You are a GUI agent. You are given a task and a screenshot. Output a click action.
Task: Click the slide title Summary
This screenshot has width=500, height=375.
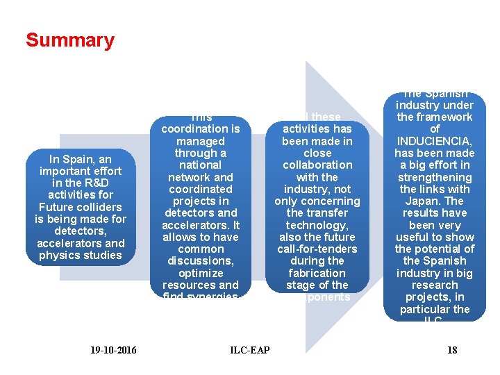tap(69, 40)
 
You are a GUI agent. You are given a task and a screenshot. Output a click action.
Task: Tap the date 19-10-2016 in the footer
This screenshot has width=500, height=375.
tap(113, 350)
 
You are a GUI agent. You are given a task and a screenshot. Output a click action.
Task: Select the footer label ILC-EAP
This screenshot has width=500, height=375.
tap(250, 350)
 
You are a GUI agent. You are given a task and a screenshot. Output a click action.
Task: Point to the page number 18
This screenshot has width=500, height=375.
tap(452, 350)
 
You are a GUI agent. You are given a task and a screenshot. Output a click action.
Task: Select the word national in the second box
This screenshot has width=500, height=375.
tap(200, 165)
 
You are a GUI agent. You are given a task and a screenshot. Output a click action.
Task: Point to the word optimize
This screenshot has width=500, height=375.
tap(200, 273)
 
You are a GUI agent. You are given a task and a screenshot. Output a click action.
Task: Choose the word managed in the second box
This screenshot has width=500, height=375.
tap(200, 141)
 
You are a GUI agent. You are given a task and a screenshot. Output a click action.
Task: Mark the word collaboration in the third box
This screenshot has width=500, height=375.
tap(317, 165)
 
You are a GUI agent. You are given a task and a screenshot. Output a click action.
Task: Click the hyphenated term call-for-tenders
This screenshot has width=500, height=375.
tap(317, 249)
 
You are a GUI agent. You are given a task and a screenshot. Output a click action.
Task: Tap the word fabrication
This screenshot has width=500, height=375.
tap(317, 273)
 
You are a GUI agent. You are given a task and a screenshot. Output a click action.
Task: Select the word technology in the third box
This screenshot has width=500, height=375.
tap(317, 225)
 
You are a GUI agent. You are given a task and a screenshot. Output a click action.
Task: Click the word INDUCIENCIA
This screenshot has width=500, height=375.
tap(435, 141)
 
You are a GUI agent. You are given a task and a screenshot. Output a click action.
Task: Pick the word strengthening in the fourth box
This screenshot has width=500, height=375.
tap(435, 177)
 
